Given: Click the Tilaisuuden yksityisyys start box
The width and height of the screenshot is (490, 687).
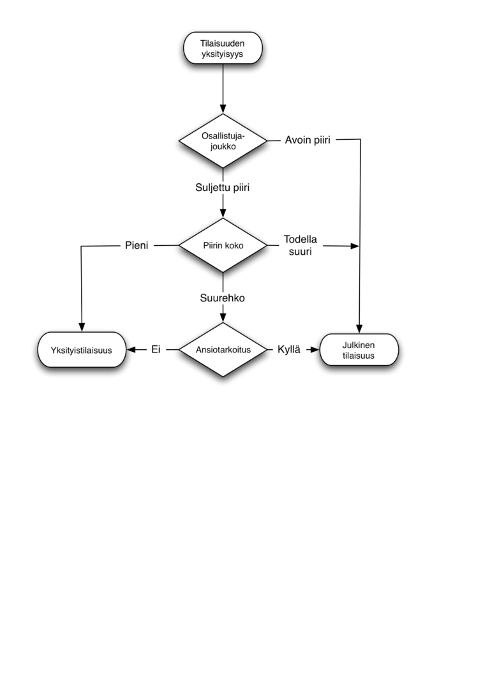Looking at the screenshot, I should [x=223, y=49].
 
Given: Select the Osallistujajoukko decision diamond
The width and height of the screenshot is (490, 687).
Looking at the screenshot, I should [x=223, y=140].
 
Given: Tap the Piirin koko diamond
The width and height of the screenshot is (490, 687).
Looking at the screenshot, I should [x=223, y=245].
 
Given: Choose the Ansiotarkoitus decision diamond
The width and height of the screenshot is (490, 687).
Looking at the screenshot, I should [x=223, y=349].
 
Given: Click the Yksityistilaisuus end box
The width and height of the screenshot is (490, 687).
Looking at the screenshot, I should [x=81, y=350].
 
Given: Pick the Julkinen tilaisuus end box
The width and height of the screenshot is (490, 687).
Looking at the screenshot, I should [x=359, y=350].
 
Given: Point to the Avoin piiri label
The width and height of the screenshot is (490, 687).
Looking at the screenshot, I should [x=307, y=140].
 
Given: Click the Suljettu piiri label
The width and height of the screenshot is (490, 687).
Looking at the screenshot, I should [x=222, y=188].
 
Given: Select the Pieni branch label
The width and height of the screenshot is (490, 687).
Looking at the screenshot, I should [x=137, y=245].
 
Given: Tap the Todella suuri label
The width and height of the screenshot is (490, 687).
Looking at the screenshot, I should [x=301, y=245].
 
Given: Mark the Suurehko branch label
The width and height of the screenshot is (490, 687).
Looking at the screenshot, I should [x=222, y=298].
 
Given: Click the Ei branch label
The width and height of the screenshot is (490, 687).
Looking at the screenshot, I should [x=155, y=349].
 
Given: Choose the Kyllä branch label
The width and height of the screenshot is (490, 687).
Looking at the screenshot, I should [x=289, y=349].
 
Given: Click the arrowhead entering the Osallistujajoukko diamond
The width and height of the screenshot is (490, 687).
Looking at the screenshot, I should [x=223, y=108].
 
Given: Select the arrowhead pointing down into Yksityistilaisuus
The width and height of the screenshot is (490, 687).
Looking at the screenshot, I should [x=81, y=327].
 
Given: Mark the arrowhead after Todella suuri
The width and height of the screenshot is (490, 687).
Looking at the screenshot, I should [x=355, y=246].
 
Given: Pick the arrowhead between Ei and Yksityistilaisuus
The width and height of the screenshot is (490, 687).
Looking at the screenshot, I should [x=131, y=349].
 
